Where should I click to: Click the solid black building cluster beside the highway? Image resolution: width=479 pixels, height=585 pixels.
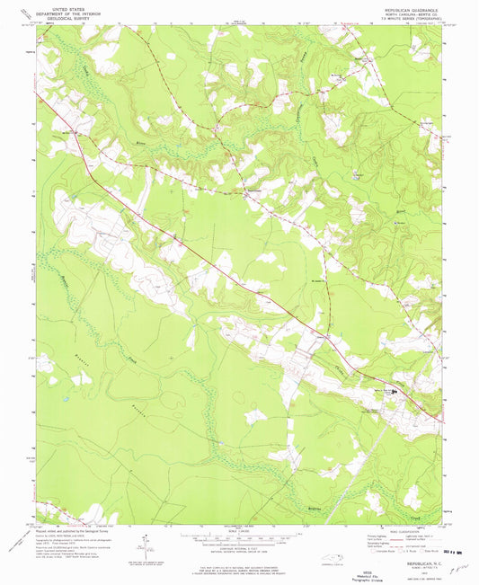[392, 391]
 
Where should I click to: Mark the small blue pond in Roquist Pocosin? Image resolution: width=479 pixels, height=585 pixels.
[66, 396]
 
